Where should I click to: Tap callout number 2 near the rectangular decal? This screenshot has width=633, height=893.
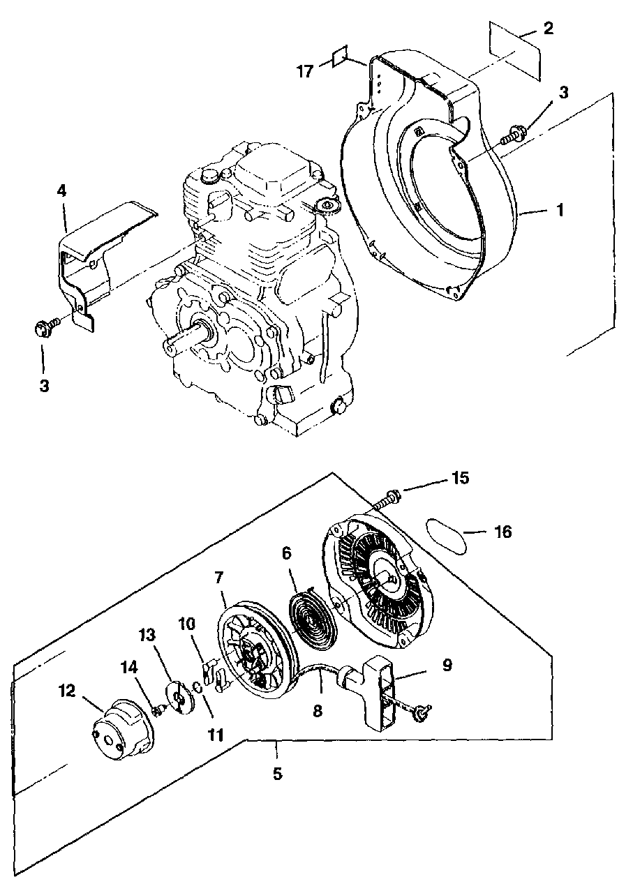click(x=548, y=29)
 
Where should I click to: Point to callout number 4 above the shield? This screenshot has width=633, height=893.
click(x=62, y=190)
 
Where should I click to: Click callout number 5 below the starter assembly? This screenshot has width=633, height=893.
click(x=277, y=773)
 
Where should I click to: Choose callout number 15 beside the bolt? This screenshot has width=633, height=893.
click(x=460, y=478)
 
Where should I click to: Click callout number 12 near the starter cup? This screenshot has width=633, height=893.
click(x=66, y=690)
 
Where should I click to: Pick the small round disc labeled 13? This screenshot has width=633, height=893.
click(x=180, y=698)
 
